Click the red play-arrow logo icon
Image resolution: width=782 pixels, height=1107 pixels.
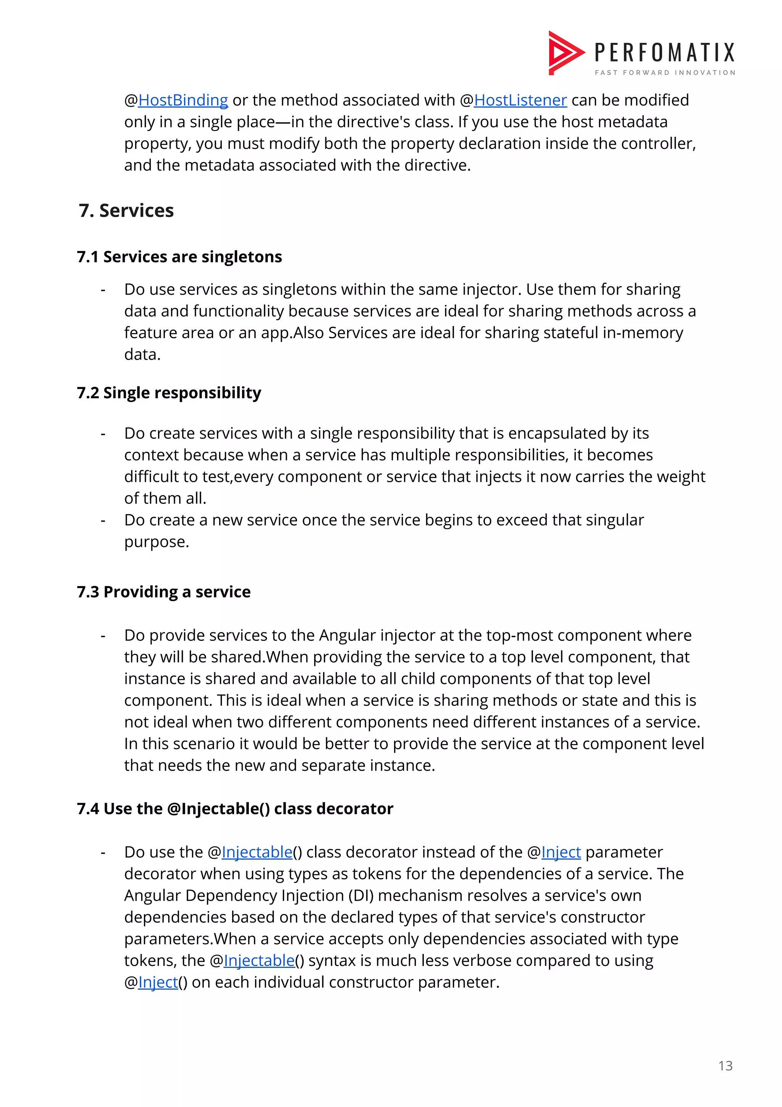click(565, 53)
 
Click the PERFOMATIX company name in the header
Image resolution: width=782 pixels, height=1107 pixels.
click(664, 53)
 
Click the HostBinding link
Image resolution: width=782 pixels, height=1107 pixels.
click(183, 100)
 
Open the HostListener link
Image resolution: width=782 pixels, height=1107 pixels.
click(520, 100)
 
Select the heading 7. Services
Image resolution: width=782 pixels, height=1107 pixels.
click(126, 211)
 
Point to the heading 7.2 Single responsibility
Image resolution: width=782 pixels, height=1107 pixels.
click(169, 393)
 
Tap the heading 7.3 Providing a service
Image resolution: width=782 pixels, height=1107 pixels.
click(164, 592)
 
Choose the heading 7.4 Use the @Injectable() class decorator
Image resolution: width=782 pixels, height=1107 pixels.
click(235, 809)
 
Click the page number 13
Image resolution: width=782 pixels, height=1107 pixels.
click(725, 1066)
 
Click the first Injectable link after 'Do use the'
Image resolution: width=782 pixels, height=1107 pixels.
click(257, 853)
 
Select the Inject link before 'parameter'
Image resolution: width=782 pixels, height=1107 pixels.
click(561, 853)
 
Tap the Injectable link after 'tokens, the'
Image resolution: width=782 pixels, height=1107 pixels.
click(259, 961)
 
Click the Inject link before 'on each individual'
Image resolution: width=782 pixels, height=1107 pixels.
click(158, 982)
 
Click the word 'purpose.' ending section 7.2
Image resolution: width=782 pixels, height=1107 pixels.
click(157, 542)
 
